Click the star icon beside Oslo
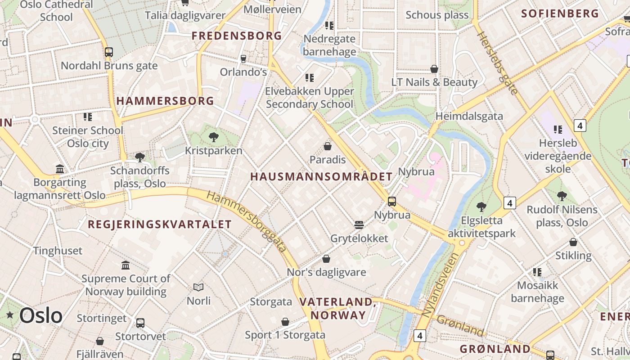(10, 315)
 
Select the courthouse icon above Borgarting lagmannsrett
(60, 169)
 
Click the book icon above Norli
(198, 287)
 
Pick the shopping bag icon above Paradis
(328, 146)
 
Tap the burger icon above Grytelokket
(359, 225)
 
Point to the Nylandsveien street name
(441, 284)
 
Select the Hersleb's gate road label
(497, 63)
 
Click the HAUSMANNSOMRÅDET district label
(321, 177)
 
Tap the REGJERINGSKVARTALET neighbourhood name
(160, 225)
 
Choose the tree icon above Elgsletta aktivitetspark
(481, 207)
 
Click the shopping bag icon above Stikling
(573, 242)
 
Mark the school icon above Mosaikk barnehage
(537, 272)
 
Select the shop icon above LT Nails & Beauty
(434, 69)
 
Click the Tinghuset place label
(58, 251)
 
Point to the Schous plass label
(437, 15)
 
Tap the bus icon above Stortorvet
(140, 323)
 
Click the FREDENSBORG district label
(237, 36)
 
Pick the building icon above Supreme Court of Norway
(126, 265)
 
